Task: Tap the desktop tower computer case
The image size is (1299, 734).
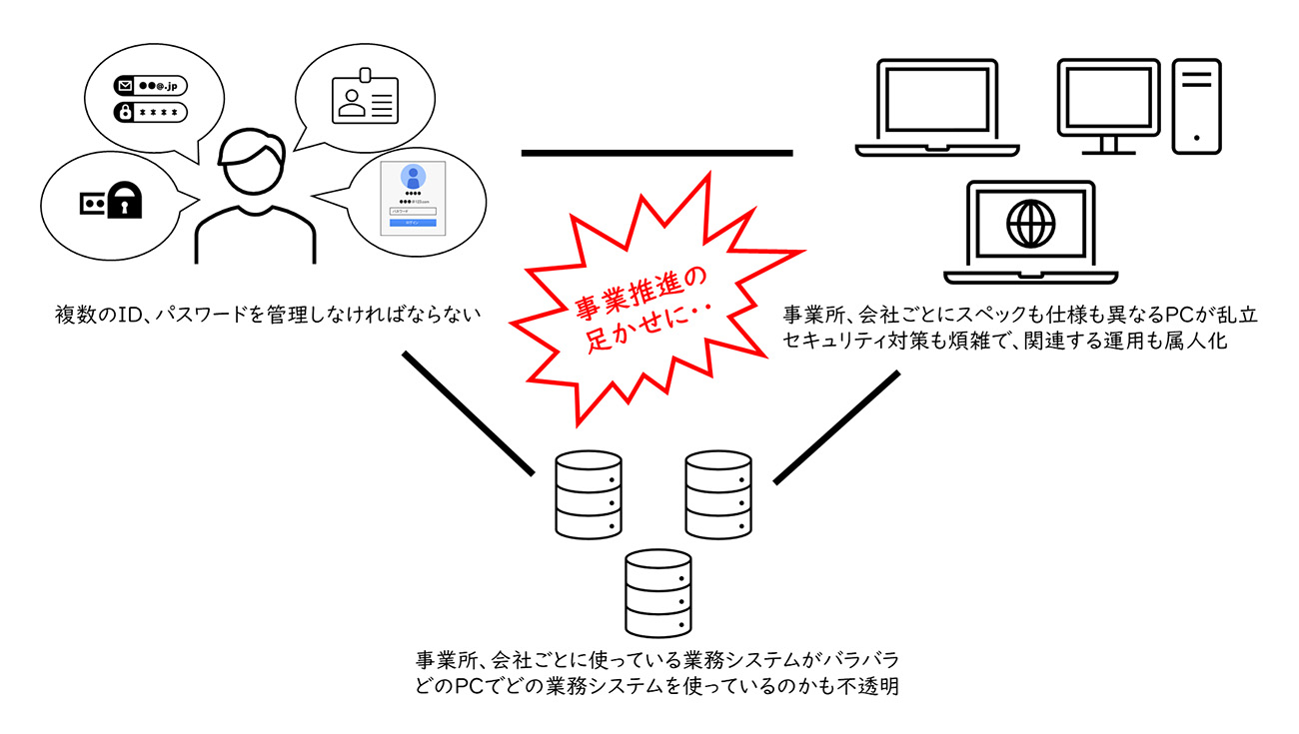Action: [1195, 105]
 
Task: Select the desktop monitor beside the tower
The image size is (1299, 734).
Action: [1107, 104]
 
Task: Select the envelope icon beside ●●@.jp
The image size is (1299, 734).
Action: [125, 87]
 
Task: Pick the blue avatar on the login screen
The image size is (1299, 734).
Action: [411, 178]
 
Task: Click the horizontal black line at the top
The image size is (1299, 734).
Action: [656, 153]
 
